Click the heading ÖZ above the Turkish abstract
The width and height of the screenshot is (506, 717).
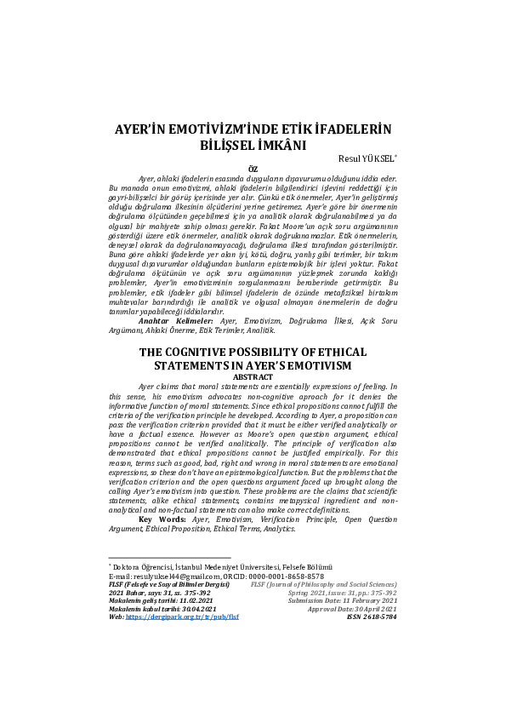(252, 169)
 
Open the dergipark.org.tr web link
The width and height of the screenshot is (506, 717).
(182, 616)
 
